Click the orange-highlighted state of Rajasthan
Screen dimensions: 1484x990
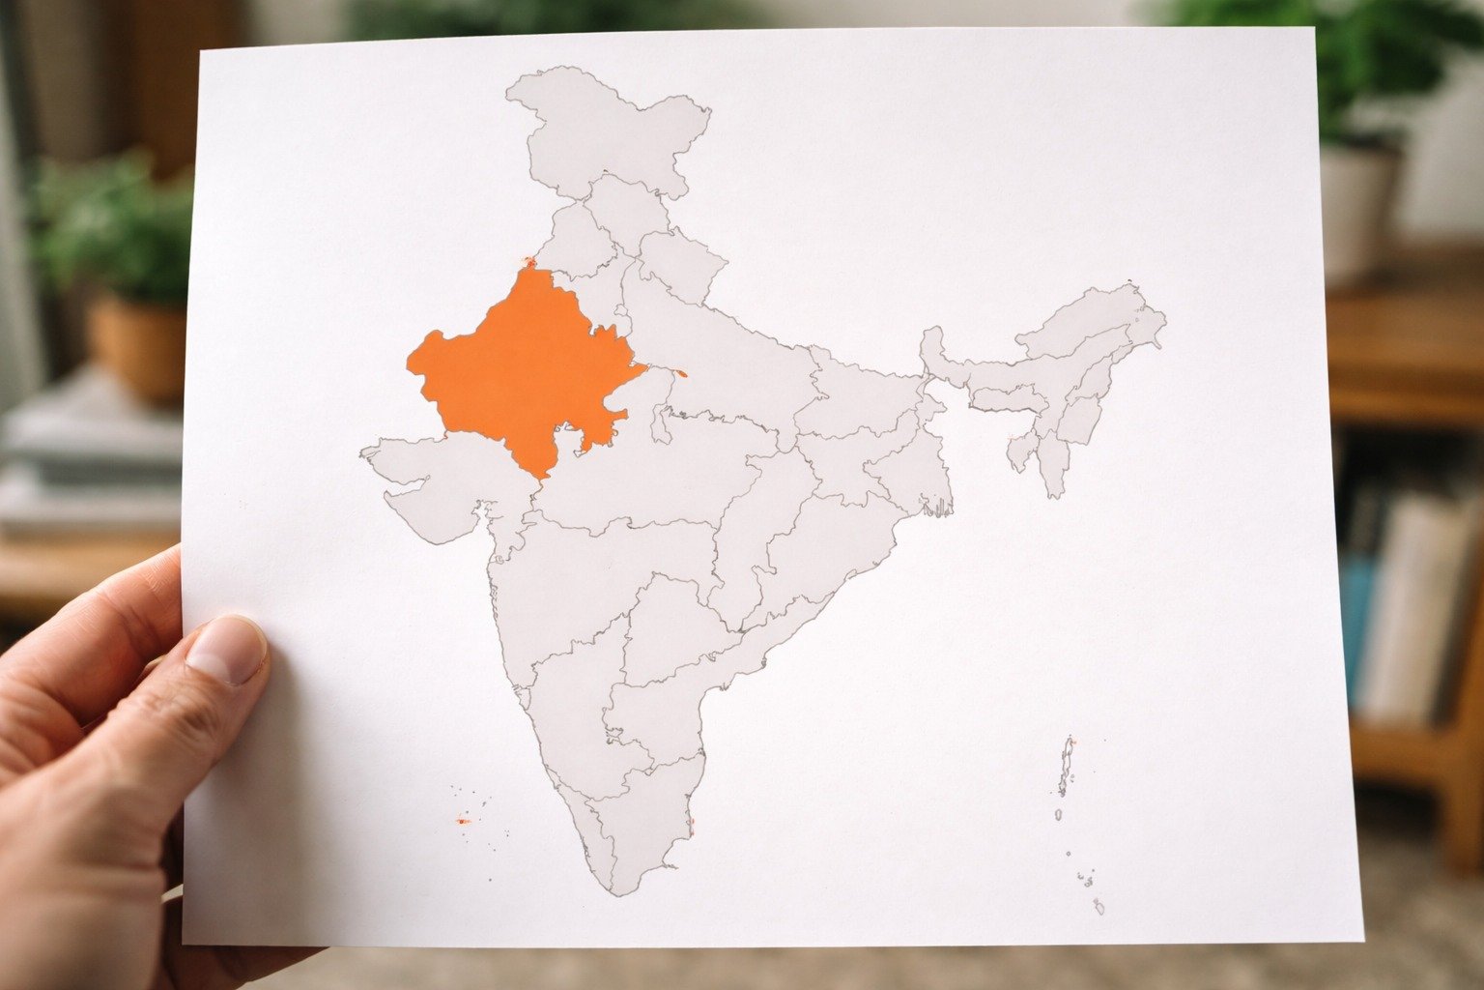click(x=522, y=367)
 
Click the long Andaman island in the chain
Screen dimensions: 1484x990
click(x=1067, y=764)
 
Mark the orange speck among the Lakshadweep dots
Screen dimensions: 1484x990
click(x=462, y=821)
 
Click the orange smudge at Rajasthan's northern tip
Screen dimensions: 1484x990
click(x=528, y=261)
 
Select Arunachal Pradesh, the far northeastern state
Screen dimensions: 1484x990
click(x=1101, y=319)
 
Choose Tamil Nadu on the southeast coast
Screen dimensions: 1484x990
click(x=657, y=802)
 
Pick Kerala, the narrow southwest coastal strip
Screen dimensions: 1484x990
click(x=594, y=831)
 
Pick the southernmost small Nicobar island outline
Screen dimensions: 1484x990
click(x=1099, y=907)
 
